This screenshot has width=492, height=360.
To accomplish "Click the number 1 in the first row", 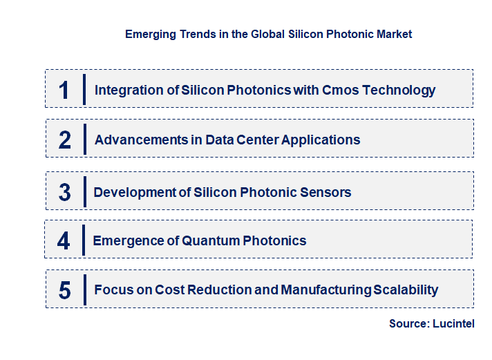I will pos(64,90).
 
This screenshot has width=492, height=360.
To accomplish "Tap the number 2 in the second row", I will pos(65,140).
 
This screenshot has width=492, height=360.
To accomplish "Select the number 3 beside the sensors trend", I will pos(65,192).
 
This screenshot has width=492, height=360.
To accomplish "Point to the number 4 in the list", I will pos(64,240).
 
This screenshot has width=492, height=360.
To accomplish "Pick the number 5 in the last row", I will pos(65,290).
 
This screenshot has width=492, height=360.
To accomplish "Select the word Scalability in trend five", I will pos(406,290).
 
